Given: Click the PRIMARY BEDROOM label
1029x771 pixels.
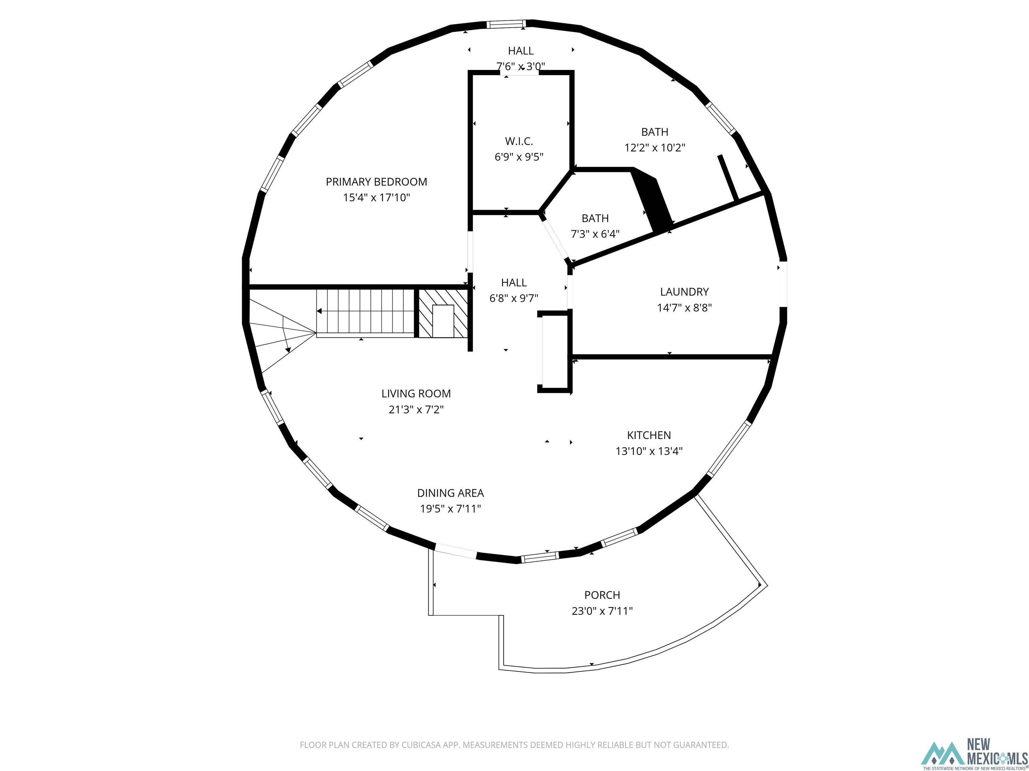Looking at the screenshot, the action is [376, 182].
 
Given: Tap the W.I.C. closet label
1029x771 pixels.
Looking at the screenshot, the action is [519, 141].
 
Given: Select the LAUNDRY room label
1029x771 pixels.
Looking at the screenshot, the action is [684, 292].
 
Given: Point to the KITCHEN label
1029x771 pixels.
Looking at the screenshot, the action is [649, 435].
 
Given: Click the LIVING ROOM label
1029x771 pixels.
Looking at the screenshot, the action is [416, 394].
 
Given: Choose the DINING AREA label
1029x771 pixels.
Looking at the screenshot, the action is [450, 493].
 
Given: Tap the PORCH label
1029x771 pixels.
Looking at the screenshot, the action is [602, 595].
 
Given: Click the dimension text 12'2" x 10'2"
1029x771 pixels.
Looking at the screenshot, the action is [655, 148].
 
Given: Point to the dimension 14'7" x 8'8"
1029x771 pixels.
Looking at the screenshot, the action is [684, 308].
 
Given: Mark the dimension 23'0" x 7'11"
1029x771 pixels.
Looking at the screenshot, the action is [602, 611].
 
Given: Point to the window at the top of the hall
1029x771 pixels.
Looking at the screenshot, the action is [506, 24].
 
